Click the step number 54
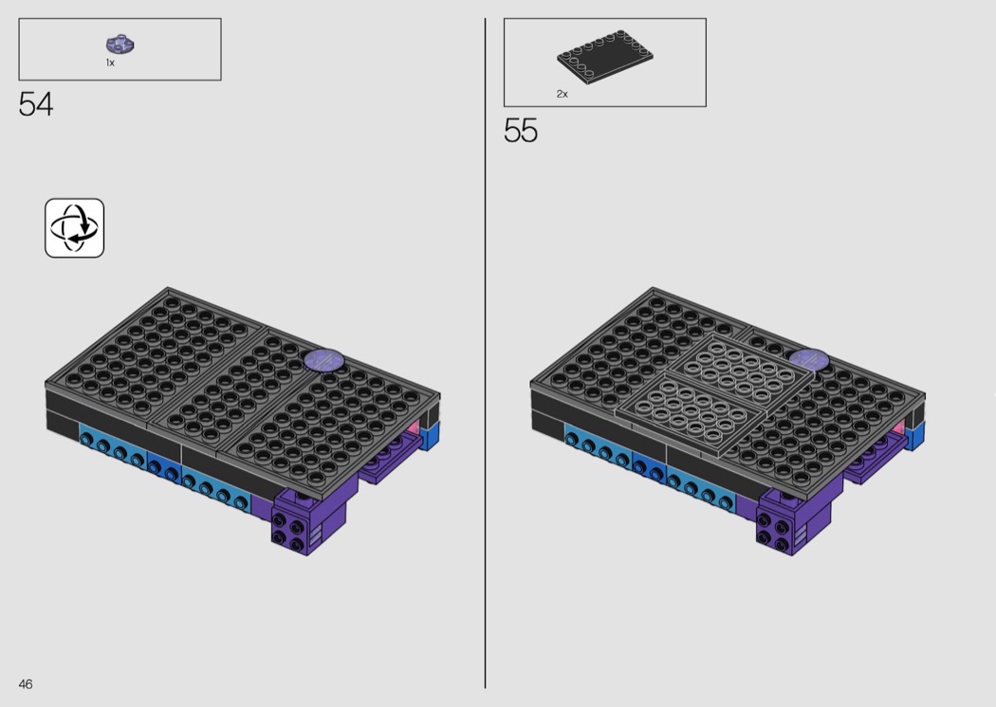[x=36, y=104]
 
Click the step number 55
[x=520, y=131]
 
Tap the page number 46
[x=26, y=683]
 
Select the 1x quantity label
[x=110, y=63]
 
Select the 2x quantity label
[x=563, y=94]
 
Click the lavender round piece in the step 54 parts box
[x=120, y=45]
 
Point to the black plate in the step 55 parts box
[x=605, y=57]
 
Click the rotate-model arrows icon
[x=74, y=227]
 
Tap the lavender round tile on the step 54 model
[x=324, y=360]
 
